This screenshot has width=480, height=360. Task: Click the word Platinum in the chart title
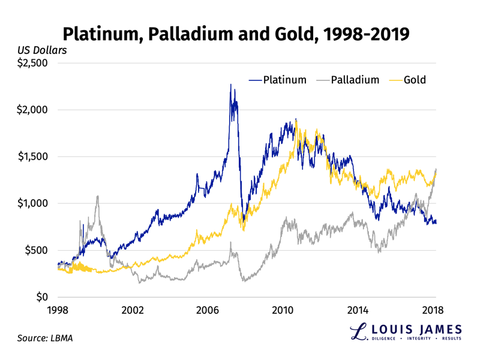[x=101, y=32]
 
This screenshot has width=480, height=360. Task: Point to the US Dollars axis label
[x=42, y=50]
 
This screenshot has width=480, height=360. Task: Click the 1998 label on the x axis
[x=58, y=310]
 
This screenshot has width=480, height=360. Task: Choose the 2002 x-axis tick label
[x=133, y=310]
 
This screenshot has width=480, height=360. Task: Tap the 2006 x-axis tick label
[x=208, y=310]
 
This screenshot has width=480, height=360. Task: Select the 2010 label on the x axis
[x=283, y=310]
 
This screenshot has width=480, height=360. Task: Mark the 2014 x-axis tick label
[x=358, y=310]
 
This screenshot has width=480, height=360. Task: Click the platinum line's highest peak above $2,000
[x=230, y=85]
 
